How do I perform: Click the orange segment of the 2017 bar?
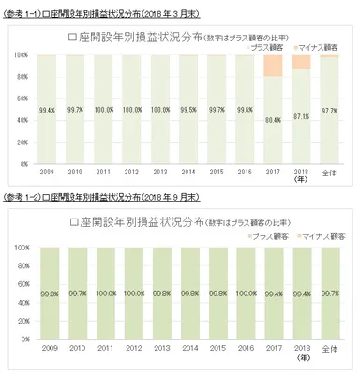click(x=273, y=66)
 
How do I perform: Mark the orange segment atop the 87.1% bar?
click(x=301, y=62)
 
